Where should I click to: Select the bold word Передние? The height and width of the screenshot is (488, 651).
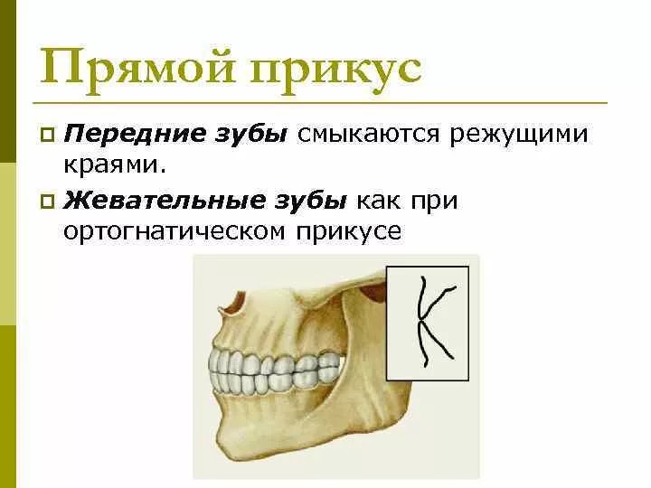[130, 135]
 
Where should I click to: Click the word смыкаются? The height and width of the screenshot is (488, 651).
[365, 135]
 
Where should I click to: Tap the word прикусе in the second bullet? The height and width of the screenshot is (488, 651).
[349, 231]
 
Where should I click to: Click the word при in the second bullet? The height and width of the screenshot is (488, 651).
[434, 200]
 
